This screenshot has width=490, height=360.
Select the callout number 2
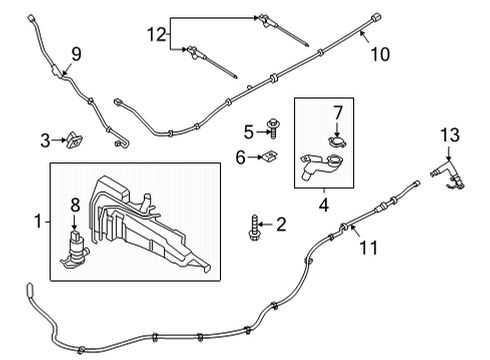pos(281,224)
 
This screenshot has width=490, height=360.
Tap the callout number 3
pos(46,139)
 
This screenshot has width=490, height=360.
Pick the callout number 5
pos(248,130)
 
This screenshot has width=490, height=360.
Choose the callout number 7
pos(337,112)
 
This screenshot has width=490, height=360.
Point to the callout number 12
pos(154,34)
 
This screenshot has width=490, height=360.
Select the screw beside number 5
pos(271,130)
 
